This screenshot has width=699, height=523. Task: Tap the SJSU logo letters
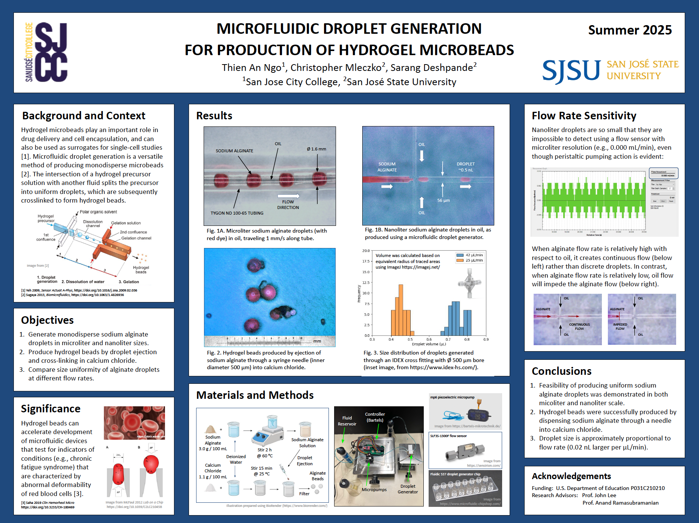[x=571, y=71]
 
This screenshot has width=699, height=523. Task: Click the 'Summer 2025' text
[x=630, y=30]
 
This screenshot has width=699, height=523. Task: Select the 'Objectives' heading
[x=47, y=320]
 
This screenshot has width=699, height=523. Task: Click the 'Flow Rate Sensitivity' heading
[x=584, y=116]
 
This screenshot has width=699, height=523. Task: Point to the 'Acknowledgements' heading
[x=571, y=476]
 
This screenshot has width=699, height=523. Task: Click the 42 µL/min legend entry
[x=470, y=255]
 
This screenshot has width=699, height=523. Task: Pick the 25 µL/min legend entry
[x=470, y=260]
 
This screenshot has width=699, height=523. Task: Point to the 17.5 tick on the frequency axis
[x=366, y=261]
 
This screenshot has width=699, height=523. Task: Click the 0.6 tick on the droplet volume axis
[x=429, y=340]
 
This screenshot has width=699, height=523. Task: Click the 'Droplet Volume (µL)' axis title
[x=429, y=344]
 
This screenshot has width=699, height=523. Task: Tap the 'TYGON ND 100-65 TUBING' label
[x=237, y=213]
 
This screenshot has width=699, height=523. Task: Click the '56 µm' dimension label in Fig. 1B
[x=443, y=200]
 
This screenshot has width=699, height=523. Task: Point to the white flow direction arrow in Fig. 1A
[x=288, y=196]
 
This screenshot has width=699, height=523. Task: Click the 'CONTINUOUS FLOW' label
[x=579, y=326]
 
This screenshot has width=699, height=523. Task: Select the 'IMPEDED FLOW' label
[x=620, y=326]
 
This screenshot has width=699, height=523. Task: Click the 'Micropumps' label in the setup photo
[x=374, y=490]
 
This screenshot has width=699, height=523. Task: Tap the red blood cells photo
[x=134, y=423]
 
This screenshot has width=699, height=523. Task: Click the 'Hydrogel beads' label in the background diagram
[x=141, y=270]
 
